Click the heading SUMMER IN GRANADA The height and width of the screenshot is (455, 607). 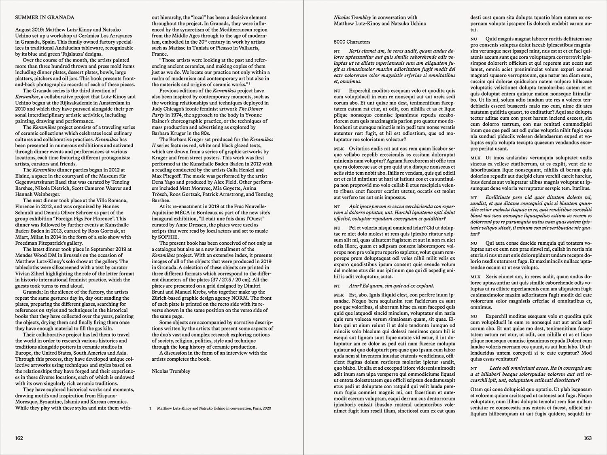(x=45, y=17)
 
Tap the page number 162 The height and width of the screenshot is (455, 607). (x=19, y=438)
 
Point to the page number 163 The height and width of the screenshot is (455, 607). (x=588, y=438)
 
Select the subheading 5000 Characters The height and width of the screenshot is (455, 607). (x=352, y=42)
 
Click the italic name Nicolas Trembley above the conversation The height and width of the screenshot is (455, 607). (x=352, y=17)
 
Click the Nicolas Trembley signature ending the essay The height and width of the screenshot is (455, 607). (x=171, y=371)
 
